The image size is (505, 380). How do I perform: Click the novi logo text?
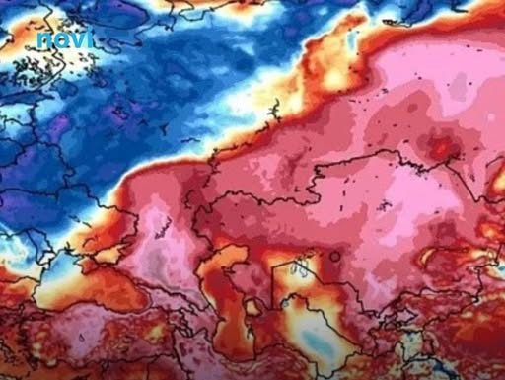coord(65,39)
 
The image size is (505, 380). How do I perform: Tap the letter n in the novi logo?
coord(45,41)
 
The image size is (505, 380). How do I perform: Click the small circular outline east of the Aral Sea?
coord(336,256)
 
